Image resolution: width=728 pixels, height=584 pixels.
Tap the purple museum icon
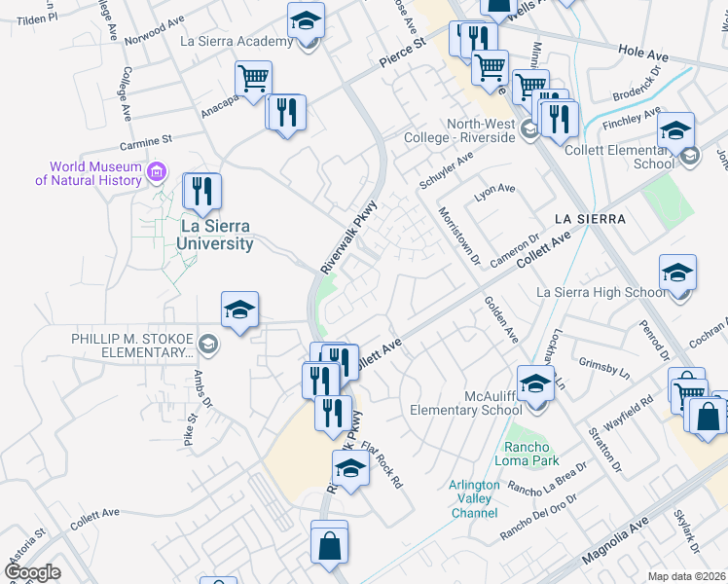156,173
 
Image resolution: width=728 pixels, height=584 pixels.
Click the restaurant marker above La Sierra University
201,192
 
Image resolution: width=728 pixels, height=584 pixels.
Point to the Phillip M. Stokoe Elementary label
131,345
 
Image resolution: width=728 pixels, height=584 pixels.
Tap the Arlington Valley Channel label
474,499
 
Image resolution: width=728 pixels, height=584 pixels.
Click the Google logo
32,572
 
